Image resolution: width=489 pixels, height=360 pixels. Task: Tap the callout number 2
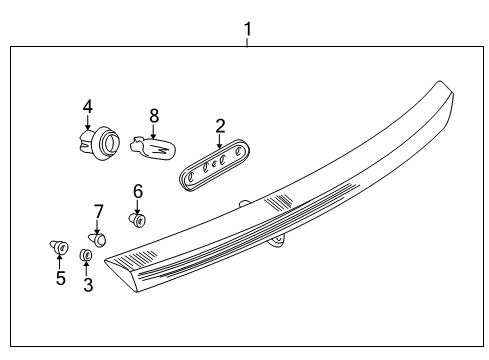tap(220, 125)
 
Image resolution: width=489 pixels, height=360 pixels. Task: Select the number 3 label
tap(87, 286)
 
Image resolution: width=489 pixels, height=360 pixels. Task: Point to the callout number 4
tap(88, 105)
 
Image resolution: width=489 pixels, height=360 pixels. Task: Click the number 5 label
tap(60, 278)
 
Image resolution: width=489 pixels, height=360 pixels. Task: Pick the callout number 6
tap(138, 190)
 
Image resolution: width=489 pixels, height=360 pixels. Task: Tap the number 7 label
tap(98, 211)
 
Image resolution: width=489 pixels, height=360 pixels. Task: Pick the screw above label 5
tap(59, 246)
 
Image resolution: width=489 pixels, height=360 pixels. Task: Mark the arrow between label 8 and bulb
tap(153, 131)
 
